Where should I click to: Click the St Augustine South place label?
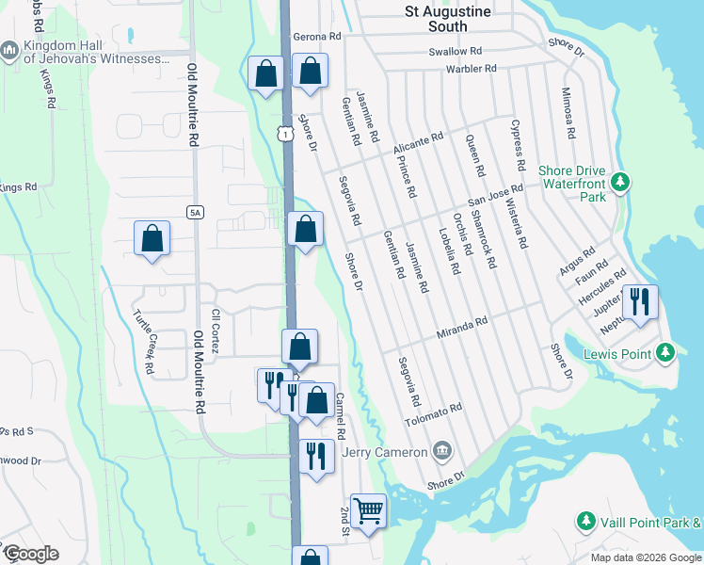click(x=447, y=19)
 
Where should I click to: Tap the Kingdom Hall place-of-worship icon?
click(x=10, y=49)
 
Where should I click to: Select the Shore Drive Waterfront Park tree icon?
click(x=619, y=181)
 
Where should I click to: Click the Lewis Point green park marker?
click(x=665, y=353)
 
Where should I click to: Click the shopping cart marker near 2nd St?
click(x=368, y=510)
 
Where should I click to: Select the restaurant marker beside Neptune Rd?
click(x=639, y=302)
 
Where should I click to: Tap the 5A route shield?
click(x=195, y=213)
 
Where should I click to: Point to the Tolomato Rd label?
click(x=434, y=413)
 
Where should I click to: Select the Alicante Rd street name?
click(x=418, y=143)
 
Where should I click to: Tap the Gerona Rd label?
click(x=315, y=37)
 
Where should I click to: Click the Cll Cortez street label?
click(x=216, y=331)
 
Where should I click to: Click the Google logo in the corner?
click(x=30, y=554)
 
